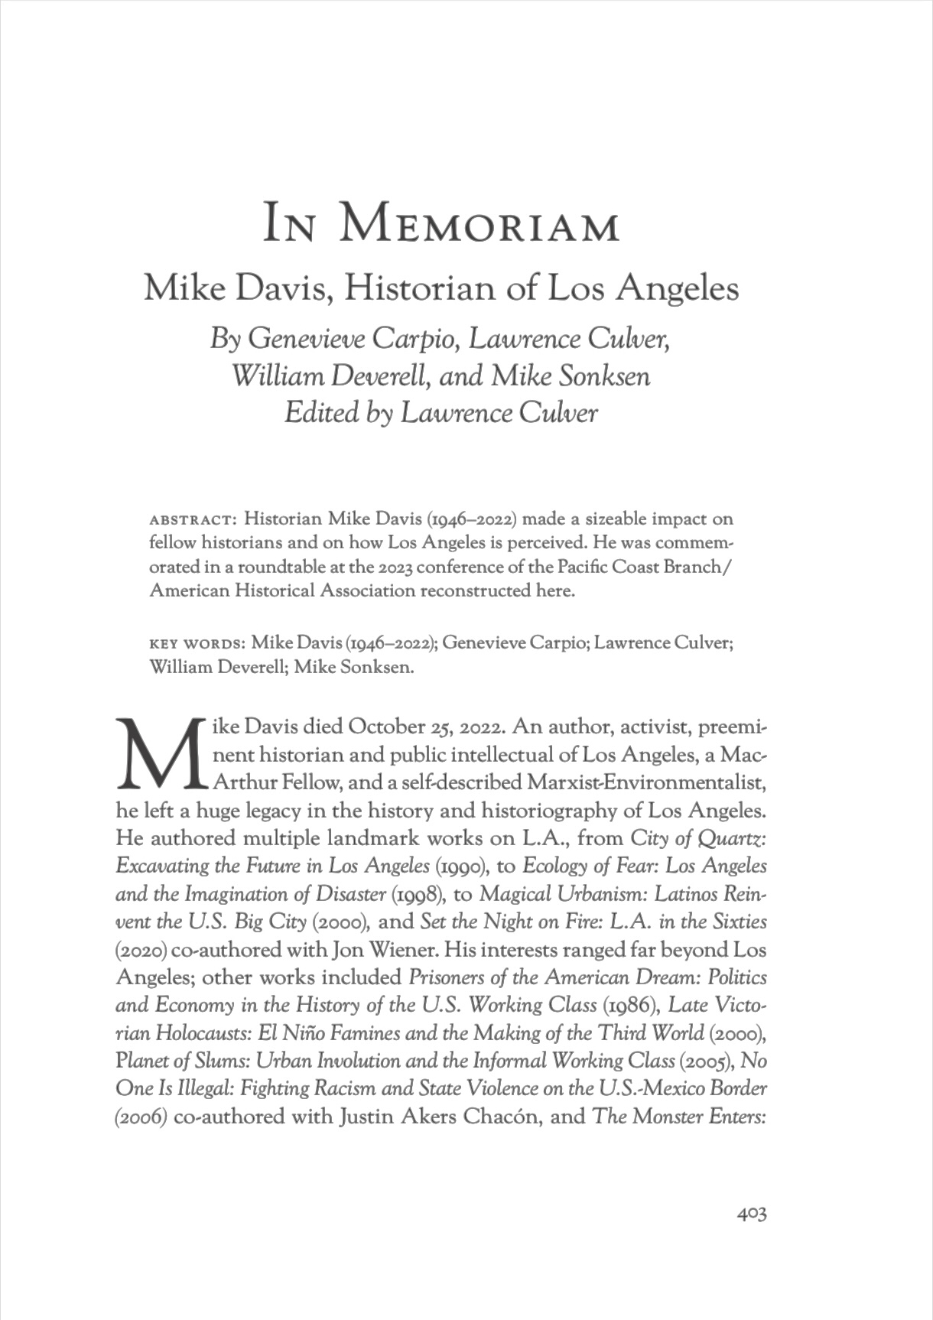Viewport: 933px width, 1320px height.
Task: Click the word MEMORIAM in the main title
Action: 479,225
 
